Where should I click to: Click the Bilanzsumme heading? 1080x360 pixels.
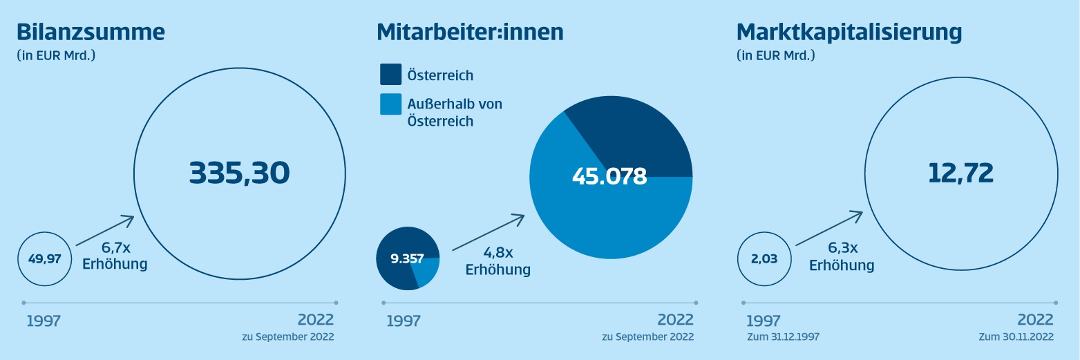click(x=91, y=32)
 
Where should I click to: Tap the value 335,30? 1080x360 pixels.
click(x=239, y=173)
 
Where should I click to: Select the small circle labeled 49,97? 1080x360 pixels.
click(x=45, y=259)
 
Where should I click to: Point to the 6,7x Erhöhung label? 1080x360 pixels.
click(x=115, y=256)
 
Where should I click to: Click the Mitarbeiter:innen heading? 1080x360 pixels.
click(x=470, y=32)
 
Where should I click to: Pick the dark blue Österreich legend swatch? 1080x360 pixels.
click(x=390, y=75)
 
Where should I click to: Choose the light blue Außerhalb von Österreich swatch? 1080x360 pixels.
click(x=390, y=104)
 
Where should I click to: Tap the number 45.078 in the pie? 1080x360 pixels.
click(x=609, y=176)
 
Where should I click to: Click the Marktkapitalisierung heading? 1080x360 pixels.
click(x=849, y=32)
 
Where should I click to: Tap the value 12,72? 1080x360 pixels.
click(x=960, y=173)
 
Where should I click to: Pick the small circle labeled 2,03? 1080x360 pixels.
click(x=764, y=259)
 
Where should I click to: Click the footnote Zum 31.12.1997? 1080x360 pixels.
click(x=784, y=337)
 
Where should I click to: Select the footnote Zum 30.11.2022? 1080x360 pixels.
click(x=1016, y=337)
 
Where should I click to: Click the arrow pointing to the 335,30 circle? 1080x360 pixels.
click(x=104, y=230)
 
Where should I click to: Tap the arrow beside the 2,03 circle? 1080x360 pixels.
click(x=828, y=229)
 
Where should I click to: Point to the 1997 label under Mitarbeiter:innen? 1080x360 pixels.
click(x=404, y=321)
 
